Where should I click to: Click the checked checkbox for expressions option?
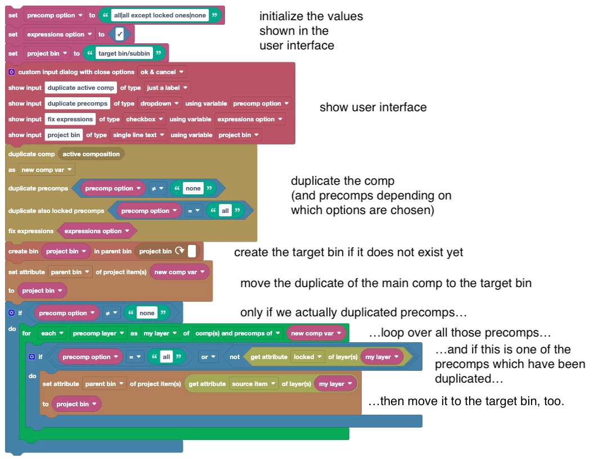pyautogui.click(x=120, y=34)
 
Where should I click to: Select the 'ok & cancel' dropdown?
pyautogui.click(x=162, y=72)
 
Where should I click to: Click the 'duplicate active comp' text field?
pyautogui.click(x=80, y=88)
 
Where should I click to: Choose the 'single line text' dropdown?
pyautogui.click(x=138, y=135)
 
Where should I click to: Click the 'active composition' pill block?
pyautogui.click(x=91, y=154)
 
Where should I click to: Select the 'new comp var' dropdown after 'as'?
pyautogui.click(x=47, y=170)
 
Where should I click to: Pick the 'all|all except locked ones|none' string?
pyautogui.click(x=159, y=15)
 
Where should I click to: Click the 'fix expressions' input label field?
pyautogui.click(x=70, y=119)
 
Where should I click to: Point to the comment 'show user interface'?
pyautogui.click(x=373, y=107)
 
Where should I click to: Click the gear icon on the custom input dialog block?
pyautogui.click(x=12, y=72)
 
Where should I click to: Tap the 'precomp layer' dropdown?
pyautogui.click(x=97, y=333)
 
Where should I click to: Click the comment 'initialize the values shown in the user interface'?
pyautogui.click(x=311, y=31)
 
